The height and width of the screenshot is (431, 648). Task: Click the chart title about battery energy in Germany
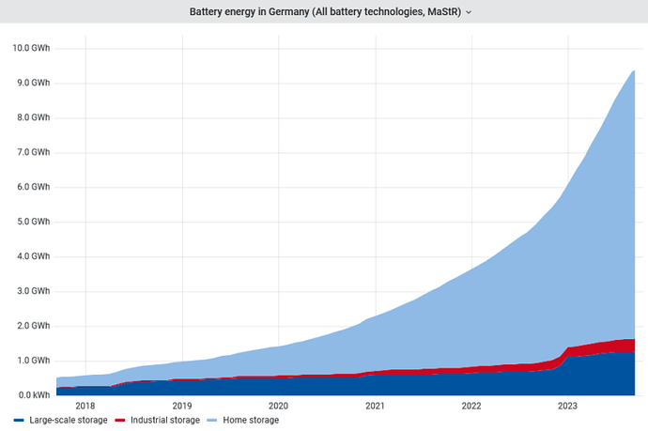pos(322,12)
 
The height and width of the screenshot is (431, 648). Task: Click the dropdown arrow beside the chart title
pos(469,12)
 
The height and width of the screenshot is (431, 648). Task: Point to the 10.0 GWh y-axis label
pos(31,48)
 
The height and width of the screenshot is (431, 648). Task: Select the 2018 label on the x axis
pos(85,406)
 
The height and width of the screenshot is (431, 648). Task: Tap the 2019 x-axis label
pos(181,406)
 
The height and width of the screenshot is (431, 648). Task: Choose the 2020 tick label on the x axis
pos(278,406)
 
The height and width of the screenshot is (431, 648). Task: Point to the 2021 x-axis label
pos(375,406)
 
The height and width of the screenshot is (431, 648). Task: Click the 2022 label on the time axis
pos(471,406)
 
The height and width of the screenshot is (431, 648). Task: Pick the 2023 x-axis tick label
pos(568,406)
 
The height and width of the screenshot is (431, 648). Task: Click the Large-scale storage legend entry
pos(67,420)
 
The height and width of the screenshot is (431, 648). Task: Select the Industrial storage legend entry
pos(164,420)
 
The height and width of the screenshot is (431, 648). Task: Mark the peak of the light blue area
pos(634,70)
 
